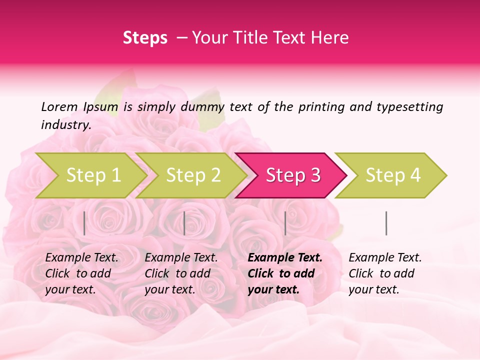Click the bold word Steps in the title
point(145,38)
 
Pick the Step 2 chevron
point(192,175)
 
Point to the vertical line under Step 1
point(84,223)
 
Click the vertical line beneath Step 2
point(184,223)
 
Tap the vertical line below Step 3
point(285,223)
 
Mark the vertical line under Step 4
point(386,223)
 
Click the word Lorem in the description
point(59,106)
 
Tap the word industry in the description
point(65,125)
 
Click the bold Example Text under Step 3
point(285,257)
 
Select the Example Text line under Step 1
point(81,257)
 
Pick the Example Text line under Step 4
point(385,257)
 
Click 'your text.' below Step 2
point(169,289)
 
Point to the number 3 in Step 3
point(315,175)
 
